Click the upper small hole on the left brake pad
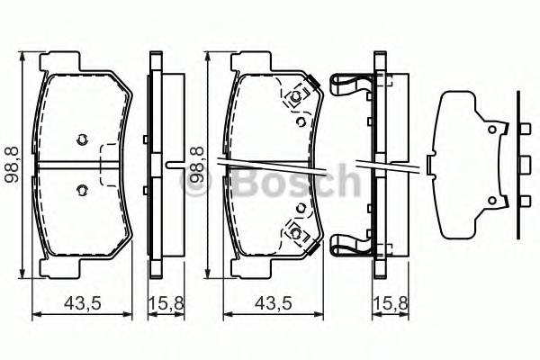point(81,139)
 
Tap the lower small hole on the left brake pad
point(81,189)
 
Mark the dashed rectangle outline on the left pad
point(110,164)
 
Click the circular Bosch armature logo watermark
point(197,185)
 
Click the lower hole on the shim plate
point(492,199)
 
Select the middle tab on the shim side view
point(523,165)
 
